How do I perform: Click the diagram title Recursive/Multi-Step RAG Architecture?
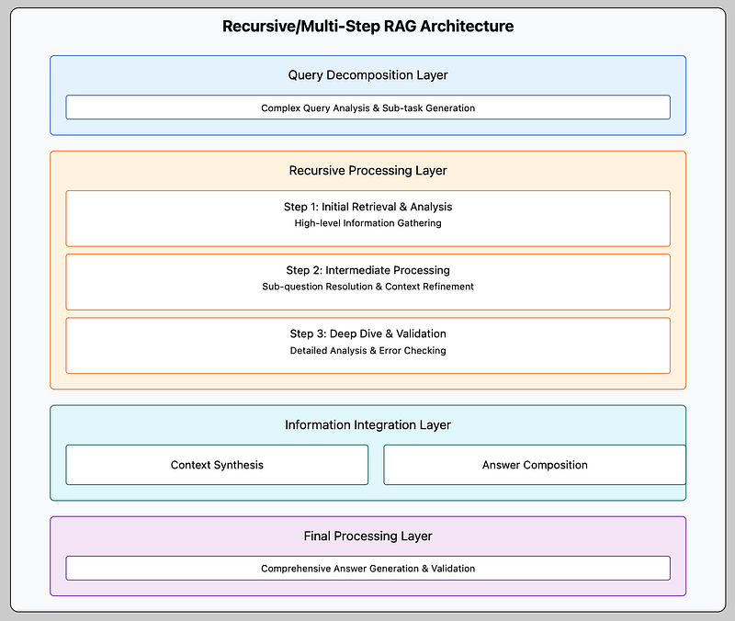point(368,27)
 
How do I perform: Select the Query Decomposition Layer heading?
point(368,75)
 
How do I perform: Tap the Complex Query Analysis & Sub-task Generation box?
point(368,107)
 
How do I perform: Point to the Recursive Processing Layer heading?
point(368,171)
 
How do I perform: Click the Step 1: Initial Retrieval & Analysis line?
point(368,207)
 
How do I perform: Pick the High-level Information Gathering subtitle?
point(368,223)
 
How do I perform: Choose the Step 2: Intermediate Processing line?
point(368,270)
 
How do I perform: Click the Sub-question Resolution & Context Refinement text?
point(368,287)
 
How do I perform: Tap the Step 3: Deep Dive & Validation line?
point(368,333)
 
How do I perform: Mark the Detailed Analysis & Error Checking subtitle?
point(368,351)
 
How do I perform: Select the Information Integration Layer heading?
point(368,425)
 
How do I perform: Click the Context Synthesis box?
point(217,465)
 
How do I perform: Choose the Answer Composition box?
point(535,465)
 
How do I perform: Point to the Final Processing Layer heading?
point(368,536)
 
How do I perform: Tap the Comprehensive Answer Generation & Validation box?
point(368,568)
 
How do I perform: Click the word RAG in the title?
point(400,27)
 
